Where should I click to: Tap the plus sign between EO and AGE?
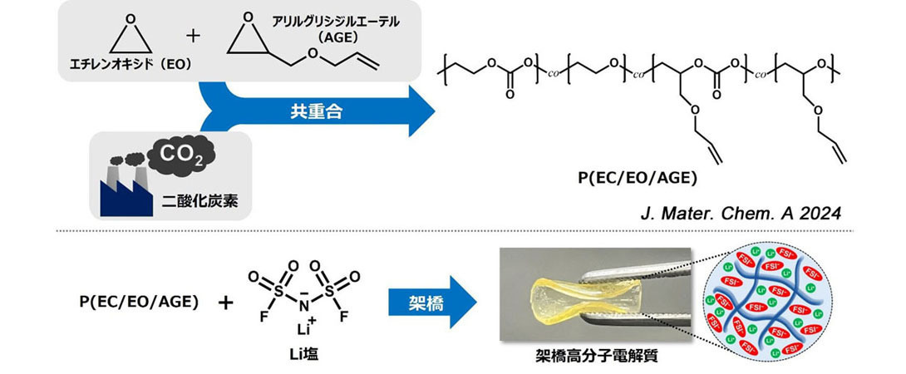coord(194,36)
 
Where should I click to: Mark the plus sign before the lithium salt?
coord(225,303)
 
